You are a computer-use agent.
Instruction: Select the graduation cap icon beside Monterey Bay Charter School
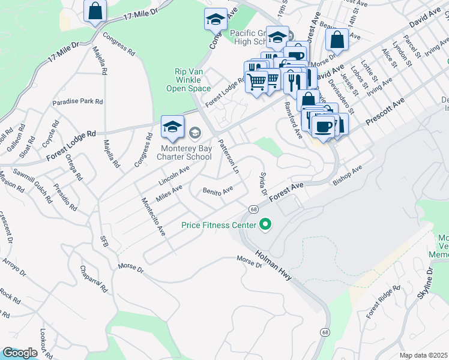[x=172, y=127]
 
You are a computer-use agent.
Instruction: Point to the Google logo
[x=19, y=353]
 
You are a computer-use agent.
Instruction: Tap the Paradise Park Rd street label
[x=77, y=102]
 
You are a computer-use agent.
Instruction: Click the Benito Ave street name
[x=217, y=191]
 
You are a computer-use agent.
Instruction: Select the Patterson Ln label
[x=229, y=157]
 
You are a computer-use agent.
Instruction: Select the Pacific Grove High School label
[x=250, y=37]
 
